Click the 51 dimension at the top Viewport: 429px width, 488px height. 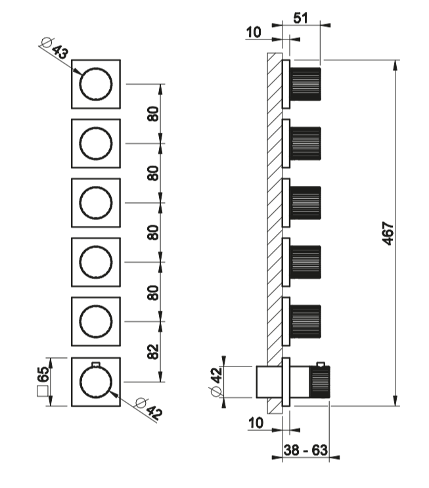[x=301, y=18]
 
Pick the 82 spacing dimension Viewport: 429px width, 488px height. [x=153, y=351]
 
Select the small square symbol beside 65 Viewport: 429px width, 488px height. [x=44, y=393]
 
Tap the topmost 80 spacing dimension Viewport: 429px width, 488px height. [x=153, y=114]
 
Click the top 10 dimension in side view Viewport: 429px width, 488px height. [x=254, y=31]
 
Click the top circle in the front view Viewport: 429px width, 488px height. [x=96, y=84]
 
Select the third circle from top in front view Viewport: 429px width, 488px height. [x=96, y=203]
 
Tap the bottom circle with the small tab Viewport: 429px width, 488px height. [x=96, y=382]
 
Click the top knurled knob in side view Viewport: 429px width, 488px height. [x=305, y=84]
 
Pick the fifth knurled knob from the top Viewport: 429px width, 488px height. [x=305, y=322]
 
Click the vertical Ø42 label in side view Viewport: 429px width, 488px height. [x=217, y=382]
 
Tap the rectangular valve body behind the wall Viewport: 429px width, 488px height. [x=267, y=382]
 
